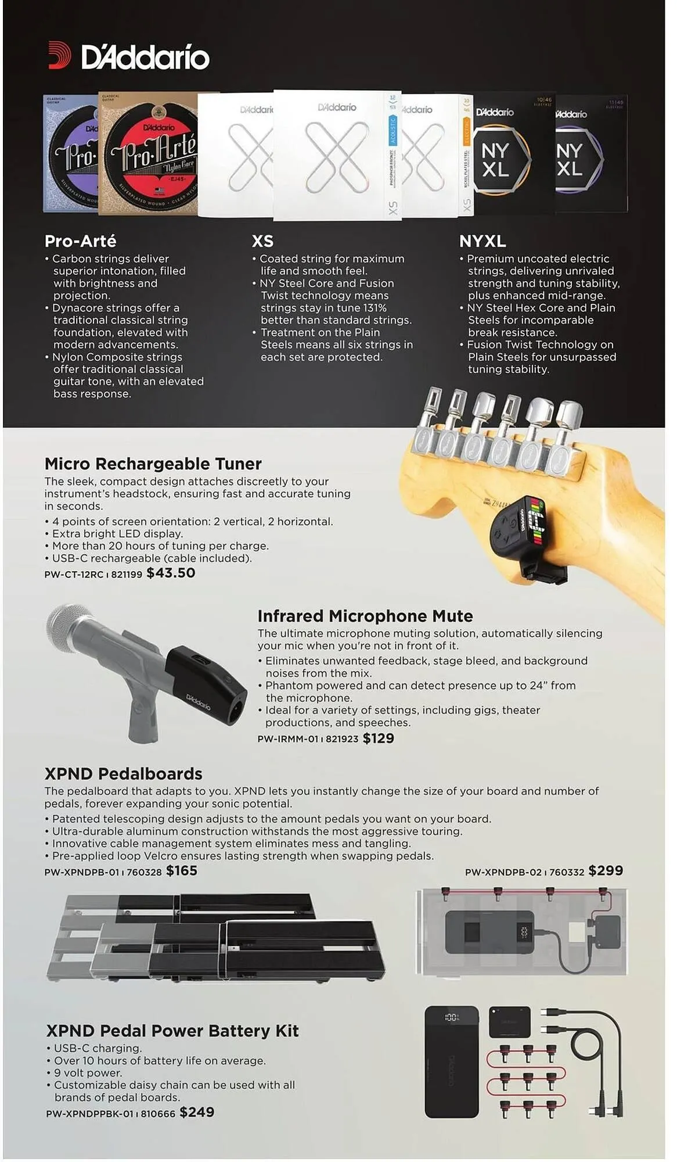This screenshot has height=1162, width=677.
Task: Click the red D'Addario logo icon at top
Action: coord(59,56)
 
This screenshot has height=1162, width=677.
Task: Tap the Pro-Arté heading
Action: coord(80,241)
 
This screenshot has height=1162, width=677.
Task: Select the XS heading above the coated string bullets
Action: coord(262,241)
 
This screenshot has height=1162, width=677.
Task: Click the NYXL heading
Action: coord(482,241)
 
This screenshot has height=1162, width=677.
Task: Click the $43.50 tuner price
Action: coord(171,573)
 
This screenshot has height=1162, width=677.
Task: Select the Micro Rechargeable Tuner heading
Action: coord(153,464)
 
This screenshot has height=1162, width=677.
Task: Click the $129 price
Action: coord(378,738)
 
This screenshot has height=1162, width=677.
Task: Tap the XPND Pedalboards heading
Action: coord(123,774)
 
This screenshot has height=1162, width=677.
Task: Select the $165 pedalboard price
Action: coord(182,871)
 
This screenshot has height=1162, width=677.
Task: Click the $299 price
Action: coord(605,871)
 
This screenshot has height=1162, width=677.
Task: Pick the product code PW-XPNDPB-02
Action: coord(503,872)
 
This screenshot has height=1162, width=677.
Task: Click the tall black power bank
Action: coord(452,1062)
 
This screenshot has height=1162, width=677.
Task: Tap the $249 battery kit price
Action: coord(197,1113)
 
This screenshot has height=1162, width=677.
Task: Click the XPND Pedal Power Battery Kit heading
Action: coord(172,1031)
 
